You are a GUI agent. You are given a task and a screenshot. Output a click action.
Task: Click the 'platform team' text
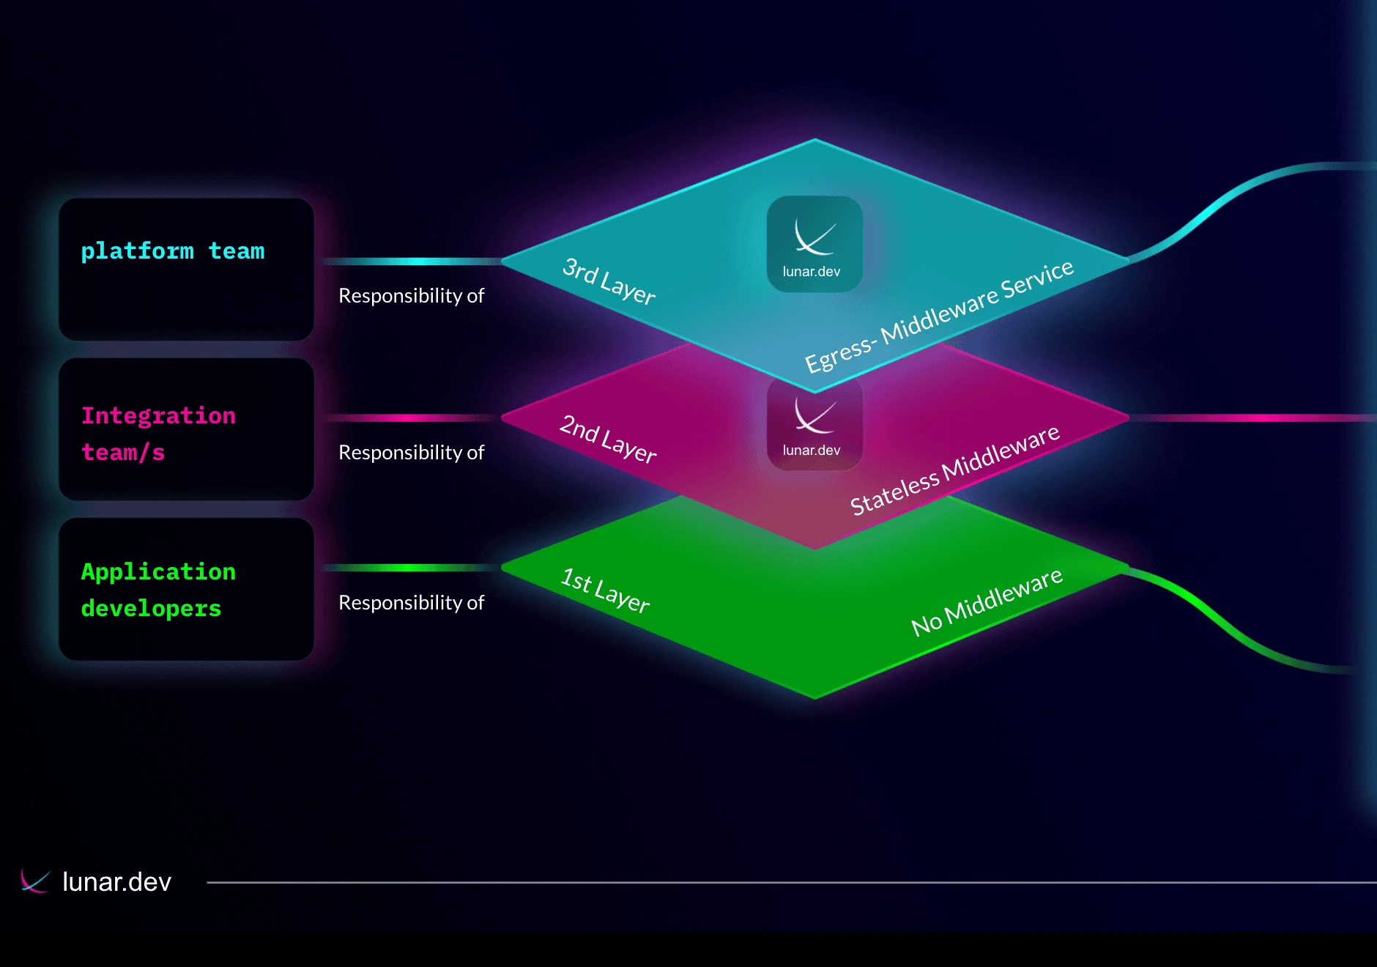[173, 251]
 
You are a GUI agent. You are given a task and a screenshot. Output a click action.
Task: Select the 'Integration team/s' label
[158, 434]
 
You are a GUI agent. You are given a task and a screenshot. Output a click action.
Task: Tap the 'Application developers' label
[158, 590]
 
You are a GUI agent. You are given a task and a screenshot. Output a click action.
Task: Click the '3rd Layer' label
[609, 281]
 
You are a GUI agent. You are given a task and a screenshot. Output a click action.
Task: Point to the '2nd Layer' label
[608, 439]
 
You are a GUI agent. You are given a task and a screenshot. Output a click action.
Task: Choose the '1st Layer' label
[605, 590]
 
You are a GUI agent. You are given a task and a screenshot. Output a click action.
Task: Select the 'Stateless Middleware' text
[954, 470]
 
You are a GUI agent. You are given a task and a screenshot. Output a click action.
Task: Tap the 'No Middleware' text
[987, 602]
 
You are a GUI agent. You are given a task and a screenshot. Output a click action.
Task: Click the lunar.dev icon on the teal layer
[814, 243]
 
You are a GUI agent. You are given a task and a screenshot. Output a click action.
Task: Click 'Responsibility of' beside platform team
[411, 296]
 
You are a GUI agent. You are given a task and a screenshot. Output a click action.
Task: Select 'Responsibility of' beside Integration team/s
[411, 453]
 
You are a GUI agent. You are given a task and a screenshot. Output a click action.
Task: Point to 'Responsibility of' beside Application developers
[411, 603]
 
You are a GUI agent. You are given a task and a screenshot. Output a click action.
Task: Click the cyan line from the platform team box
[410, 262]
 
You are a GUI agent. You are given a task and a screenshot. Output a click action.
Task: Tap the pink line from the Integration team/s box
[410, 418]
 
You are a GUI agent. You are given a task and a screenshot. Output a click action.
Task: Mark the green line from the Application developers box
[410, 568]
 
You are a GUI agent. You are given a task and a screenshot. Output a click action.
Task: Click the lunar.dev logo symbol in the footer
[34, 881]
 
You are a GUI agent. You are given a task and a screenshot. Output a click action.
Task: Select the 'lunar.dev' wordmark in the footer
[116, 882]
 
